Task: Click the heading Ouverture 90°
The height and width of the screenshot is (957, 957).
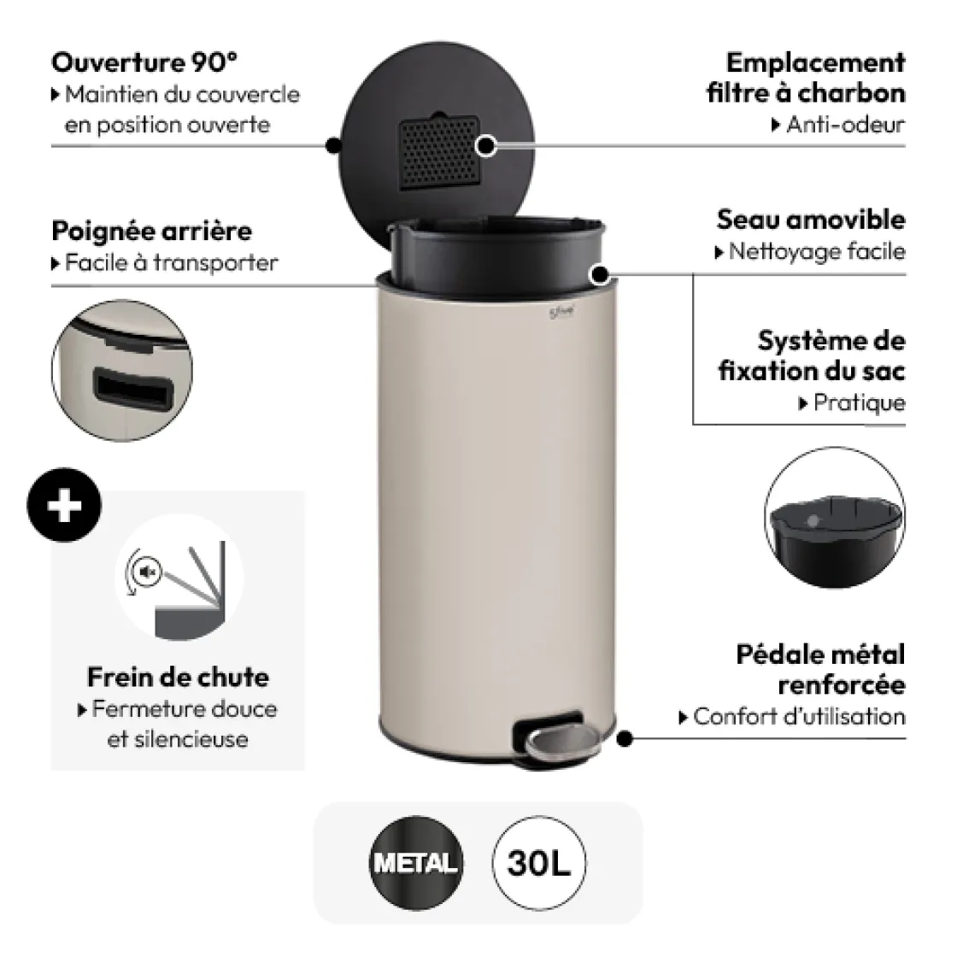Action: [144, 62]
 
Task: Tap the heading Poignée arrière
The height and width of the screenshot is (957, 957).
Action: [151, 231]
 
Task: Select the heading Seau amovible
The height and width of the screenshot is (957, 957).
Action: [810, 220]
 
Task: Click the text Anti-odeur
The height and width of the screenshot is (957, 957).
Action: [844, 125]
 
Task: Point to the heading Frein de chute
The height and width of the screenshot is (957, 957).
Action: [178, 677]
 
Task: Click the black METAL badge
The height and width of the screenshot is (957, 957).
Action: [415, 863]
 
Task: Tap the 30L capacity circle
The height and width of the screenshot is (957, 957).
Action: [538, 863]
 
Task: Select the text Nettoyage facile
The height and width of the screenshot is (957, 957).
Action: [815, 252]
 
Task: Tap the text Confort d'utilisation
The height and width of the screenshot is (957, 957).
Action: [798, 716]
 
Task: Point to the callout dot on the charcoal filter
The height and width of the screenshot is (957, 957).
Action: [486, 145]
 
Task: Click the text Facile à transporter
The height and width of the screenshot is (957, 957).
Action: [171, 262]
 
